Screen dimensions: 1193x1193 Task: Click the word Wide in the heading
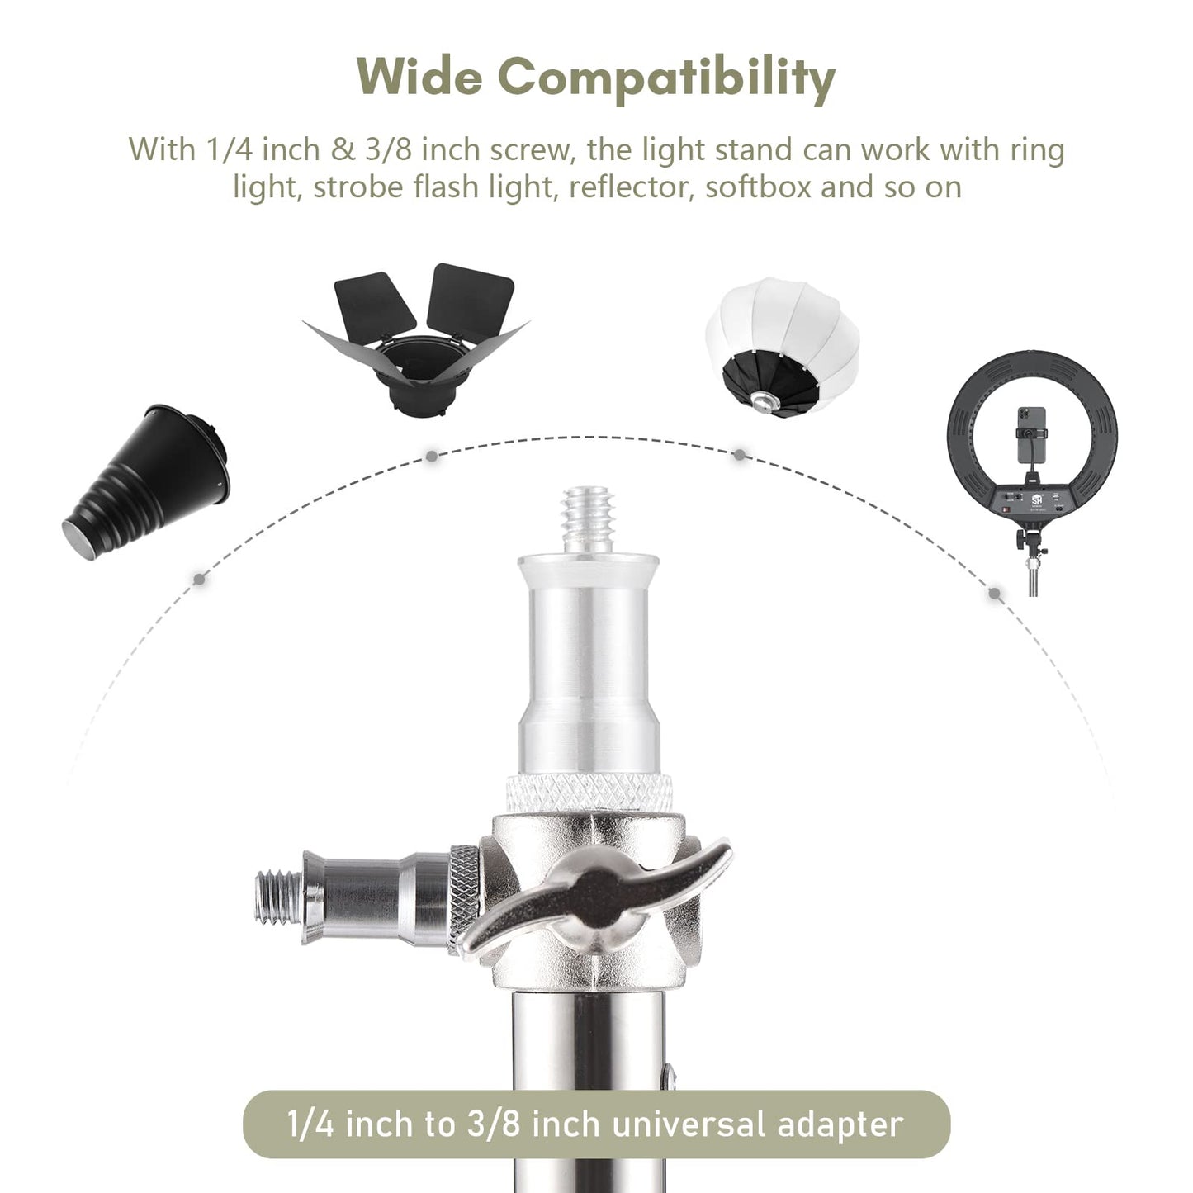(x=419, y=77)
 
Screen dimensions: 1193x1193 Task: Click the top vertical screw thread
(x=588, y=520)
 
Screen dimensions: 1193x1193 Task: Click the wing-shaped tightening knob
(x=599, y=895)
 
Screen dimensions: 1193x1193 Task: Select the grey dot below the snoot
(x=199, y=580)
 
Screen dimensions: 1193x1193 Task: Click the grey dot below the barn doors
(x=432, y=457)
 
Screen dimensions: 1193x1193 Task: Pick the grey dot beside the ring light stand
(x=995, y=594)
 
